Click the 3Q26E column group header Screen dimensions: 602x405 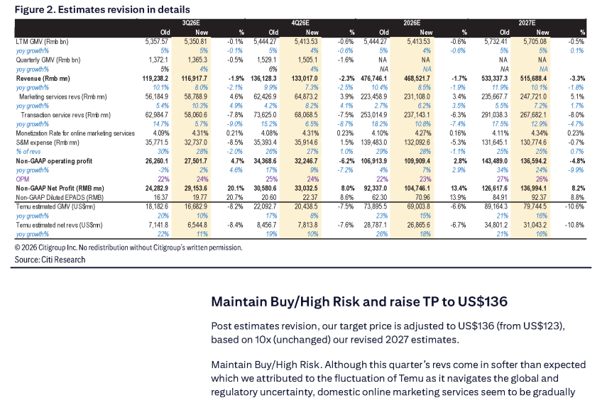[191, 23]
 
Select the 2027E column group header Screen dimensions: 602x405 [527, 23]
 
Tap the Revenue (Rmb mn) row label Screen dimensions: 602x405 [43, 79]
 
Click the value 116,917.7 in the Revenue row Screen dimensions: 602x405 [195, 79]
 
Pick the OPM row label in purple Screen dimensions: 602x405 [23, 179]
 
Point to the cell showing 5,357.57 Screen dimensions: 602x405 [157, 41]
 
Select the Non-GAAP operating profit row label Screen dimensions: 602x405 [54, 161]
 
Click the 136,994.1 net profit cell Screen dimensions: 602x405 [534, 188]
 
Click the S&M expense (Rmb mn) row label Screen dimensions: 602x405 [48, 143]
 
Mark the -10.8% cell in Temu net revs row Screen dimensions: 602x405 [574, 225]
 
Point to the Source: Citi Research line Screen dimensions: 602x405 [50, 260]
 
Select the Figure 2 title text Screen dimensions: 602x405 [102, 10]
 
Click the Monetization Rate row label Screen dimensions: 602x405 [75, 133]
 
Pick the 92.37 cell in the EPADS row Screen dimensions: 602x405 [539, 197]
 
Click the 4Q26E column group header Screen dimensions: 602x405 [300, 23]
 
